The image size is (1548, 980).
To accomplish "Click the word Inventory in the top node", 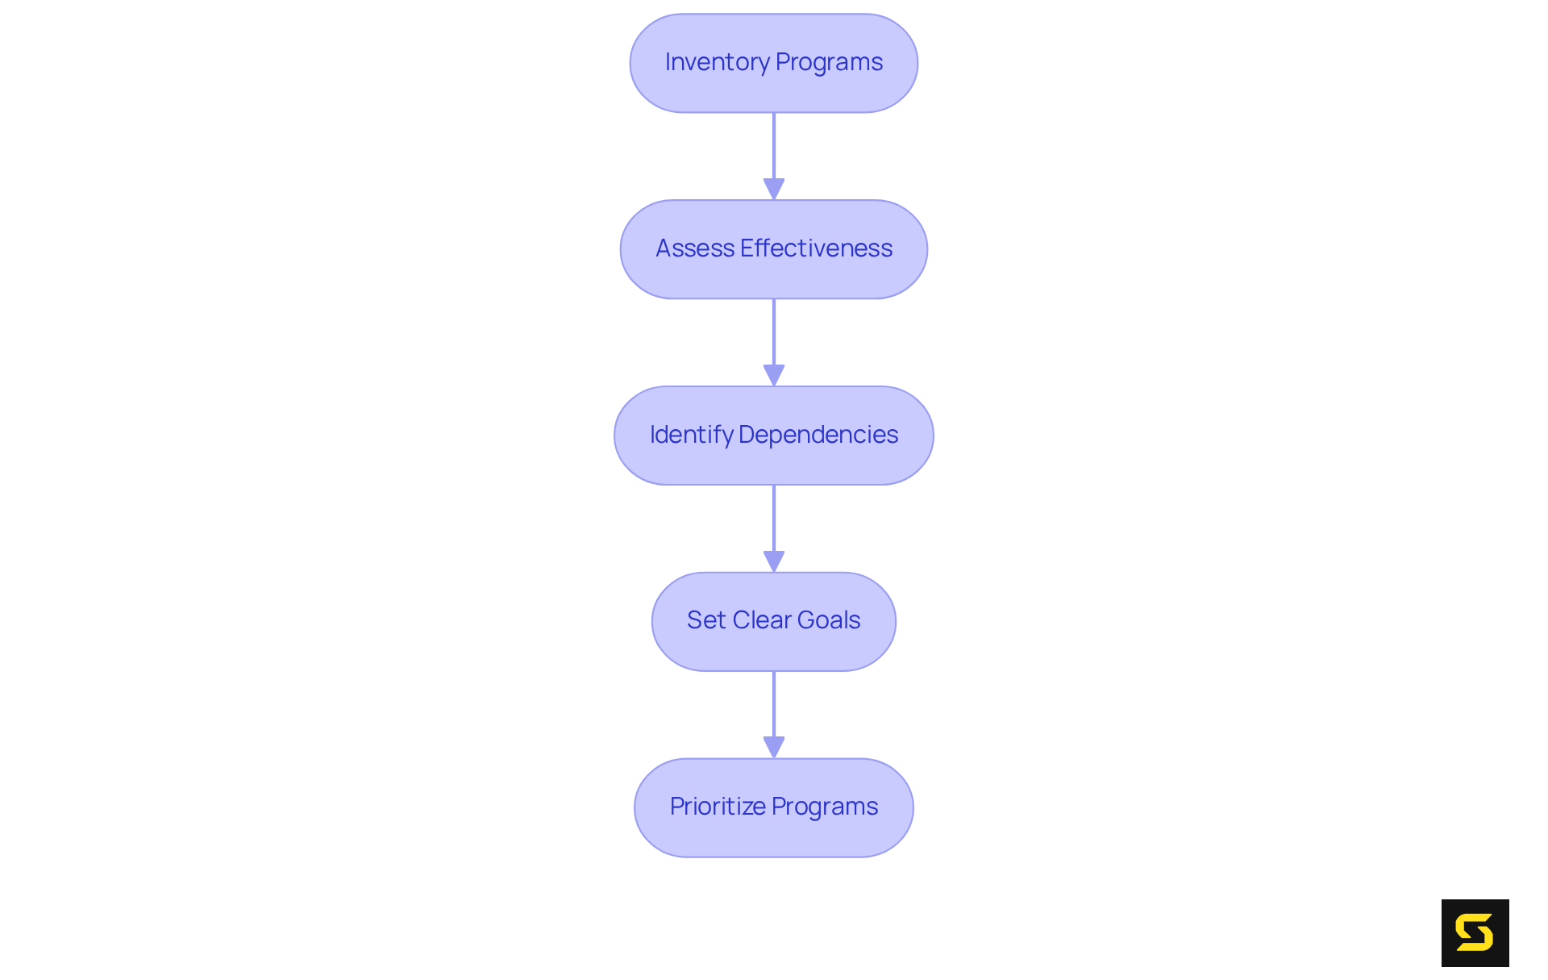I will [717, 62].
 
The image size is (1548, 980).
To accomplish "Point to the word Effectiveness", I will [816, 248].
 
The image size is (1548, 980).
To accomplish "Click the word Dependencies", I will [818, 435].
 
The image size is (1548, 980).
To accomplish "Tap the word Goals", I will [828, 620].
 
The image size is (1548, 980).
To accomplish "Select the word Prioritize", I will [718, 807].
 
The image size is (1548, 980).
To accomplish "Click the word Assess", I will [695, 248].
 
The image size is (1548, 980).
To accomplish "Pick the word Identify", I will [691, 435].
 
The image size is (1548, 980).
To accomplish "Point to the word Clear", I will [762, 620].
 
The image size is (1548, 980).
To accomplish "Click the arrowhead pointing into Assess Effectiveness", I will [774, 189].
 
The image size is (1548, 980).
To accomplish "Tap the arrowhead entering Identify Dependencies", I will [774, 375].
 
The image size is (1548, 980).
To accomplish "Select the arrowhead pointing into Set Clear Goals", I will [774, 561].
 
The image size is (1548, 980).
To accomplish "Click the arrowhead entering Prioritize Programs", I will [774, 747].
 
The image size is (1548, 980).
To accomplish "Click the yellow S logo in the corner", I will [1475, 933].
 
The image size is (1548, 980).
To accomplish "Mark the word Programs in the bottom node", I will [825, 807].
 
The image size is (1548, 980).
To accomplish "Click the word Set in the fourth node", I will [706, 620].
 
